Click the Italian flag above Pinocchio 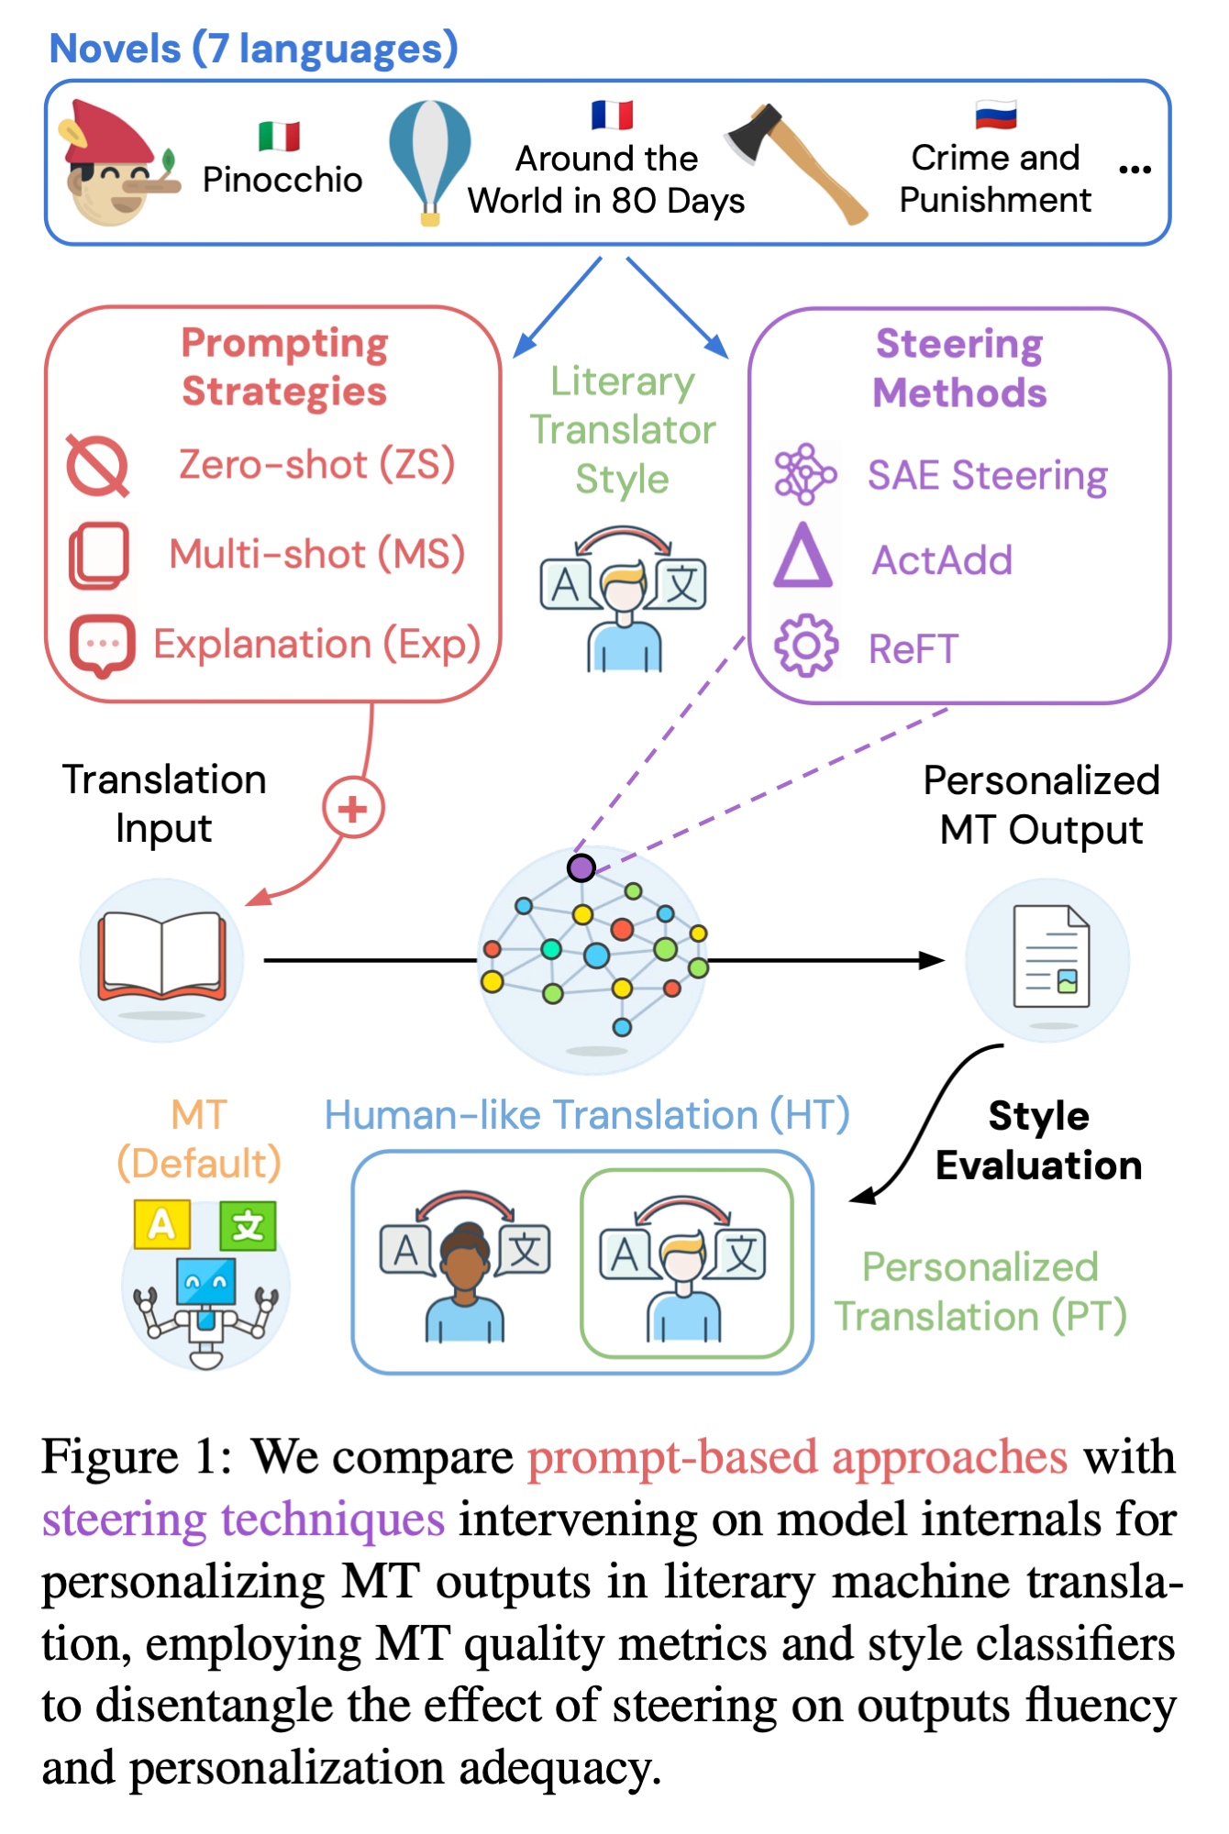[279, 136]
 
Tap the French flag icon [612, 116]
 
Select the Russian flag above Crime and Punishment [996, 115]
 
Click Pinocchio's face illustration [115, 165]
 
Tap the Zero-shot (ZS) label [316, 464]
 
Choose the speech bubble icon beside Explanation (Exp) [102, 645]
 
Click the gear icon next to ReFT [805, 646]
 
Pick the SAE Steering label [987, 475]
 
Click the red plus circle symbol [353, 808]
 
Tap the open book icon [162, 956]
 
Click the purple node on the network [581, 867]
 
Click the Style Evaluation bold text [1038, 1140]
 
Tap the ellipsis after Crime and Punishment [1135, 170]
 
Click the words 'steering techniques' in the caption [243, 1519]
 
